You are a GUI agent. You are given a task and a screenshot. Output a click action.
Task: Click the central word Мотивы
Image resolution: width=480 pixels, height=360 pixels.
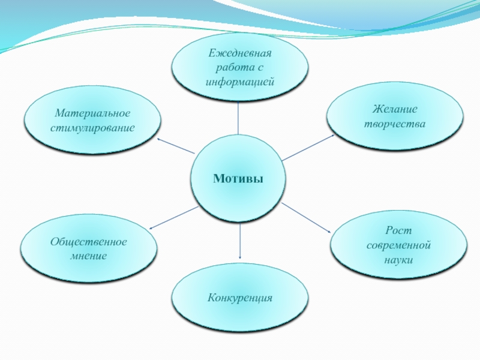(239, 179)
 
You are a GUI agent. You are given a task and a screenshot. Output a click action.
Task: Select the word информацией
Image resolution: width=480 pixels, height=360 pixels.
(240, 80)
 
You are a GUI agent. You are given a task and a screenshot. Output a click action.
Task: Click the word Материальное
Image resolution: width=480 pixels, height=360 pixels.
(92, 113)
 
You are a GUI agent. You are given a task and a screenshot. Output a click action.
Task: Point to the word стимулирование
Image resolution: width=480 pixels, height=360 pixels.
(92, 128)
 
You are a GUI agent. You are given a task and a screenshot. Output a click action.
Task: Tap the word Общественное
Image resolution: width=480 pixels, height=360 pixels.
(88, 242)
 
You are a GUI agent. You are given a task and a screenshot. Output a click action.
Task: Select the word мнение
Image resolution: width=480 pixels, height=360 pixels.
(88, 256)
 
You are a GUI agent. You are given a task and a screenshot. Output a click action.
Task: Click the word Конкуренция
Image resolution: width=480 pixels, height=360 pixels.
(240, 298)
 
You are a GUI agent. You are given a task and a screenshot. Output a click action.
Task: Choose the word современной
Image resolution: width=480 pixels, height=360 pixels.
(398, 246)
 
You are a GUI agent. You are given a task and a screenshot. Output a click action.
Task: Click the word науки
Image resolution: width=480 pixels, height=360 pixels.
(398, 260)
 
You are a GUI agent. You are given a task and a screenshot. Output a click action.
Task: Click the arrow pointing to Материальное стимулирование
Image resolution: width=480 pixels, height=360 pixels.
(175, 146)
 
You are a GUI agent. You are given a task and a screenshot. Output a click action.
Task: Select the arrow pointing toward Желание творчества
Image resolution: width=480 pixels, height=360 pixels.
(308, 148)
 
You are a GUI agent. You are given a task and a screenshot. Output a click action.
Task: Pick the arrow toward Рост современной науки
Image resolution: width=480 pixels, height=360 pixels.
(307, 218)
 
